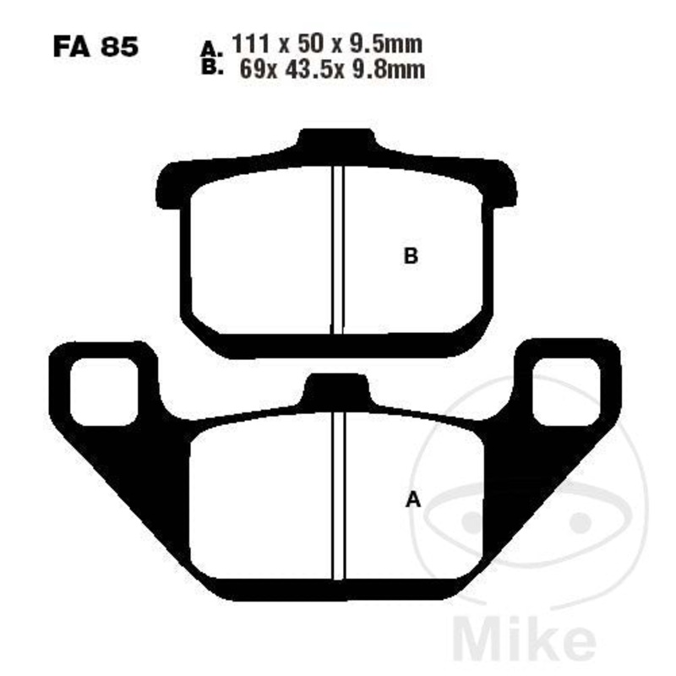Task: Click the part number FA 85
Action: pos(95,46)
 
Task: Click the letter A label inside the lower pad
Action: pos(413,499)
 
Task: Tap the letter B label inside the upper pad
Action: pos(411,256)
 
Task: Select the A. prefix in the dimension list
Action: pos(212,49)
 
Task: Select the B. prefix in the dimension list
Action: pos(212,68)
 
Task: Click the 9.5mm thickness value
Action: pos(386,45)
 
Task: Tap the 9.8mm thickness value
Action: pos(389,69)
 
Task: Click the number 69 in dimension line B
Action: pos(253,69)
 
